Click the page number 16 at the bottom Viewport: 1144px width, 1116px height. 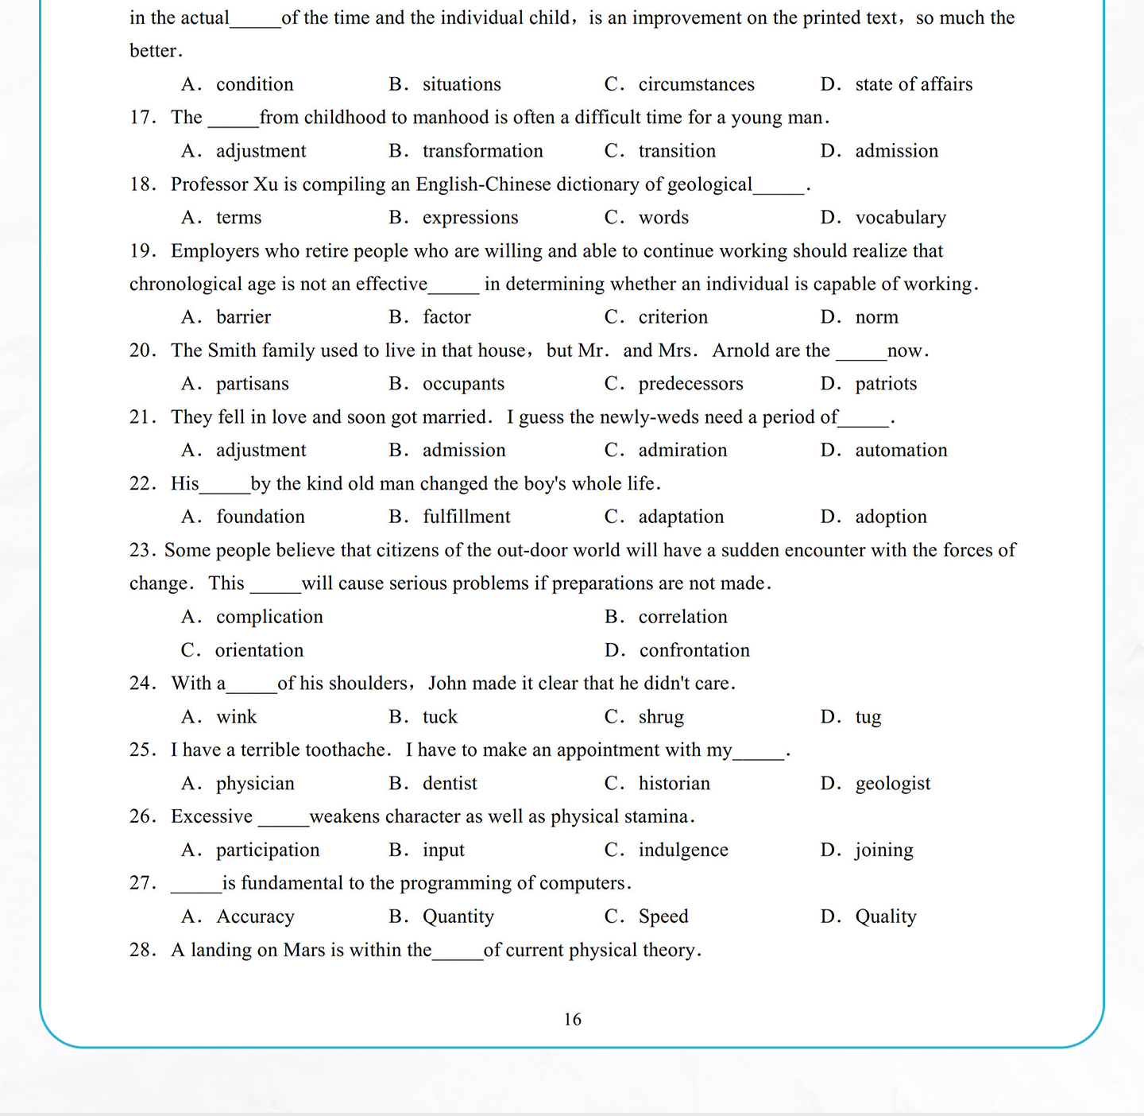pyautogui.click(x=572, y=1019)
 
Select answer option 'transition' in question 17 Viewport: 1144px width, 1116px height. pyautogui.click(x=677, y=151)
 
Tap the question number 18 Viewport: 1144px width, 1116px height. pyautogui.click(x=142, y=184)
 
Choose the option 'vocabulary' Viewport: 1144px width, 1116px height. pyautogui.click(x=900, y=218)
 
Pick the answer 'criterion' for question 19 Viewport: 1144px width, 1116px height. pyautogui.click(x=673, y=317)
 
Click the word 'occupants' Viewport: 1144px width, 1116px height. pyautogui.click(x=463, y=384)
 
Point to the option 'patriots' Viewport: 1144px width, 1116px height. pyautogui.click(x=886, y=384)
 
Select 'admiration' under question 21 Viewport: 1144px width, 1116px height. pyautogui.click(x=682, y=451)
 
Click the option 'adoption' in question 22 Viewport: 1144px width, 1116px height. pyautogui.click(x=891, y=517)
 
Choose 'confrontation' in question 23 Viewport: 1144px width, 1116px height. pyautogui.click(x=694, y=650)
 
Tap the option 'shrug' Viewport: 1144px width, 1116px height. pyautogui.click(x=661, y=717)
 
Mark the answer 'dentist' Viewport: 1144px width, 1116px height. pyautogui.click(x=450, y=784)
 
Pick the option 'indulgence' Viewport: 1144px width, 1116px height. pyautogui.click(x=683, y=850)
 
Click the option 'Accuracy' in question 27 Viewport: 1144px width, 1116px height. pyautogui.click(x=255, y=916)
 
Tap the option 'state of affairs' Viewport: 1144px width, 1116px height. pyautogui.click(x=914, y=84)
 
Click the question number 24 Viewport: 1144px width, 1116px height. pyautogui.click(x=142, y=684)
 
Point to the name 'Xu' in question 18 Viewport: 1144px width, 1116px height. pyautogui.click(x=265, y=184)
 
